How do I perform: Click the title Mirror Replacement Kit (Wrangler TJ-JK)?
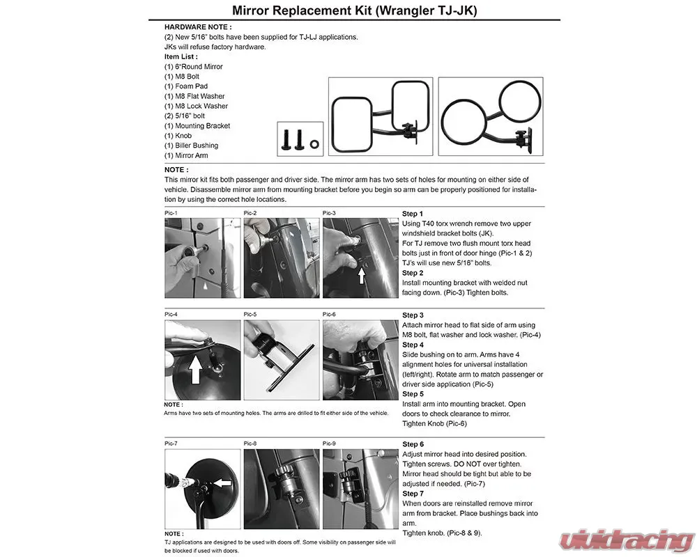point(354,10)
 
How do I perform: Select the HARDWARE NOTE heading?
point(198,27)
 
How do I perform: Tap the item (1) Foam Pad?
point(186,86)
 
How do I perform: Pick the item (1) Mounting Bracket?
point(197,126)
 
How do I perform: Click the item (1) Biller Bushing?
point(191,146)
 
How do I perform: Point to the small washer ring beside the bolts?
point(314,144)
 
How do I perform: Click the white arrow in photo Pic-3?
point(361,276)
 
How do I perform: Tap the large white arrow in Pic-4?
point(196,368)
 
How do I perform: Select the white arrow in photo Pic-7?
point(223,483)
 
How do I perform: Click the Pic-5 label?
point(250,314)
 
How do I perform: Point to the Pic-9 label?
point(330,444)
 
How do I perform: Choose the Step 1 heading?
point(413,214)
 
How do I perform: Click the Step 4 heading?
point(413,345)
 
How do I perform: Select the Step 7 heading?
point(413,494)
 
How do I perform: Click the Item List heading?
point(181,56)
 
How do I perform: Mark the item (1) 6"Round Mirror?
point(193,67)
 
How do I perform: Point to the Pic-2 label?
point(250,213)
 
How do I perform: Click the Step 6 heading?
point(413,444)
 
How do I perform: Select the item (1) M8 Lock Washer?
point(196,106)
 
